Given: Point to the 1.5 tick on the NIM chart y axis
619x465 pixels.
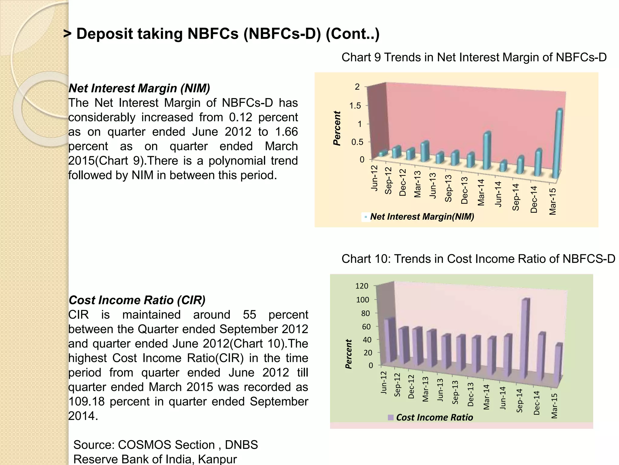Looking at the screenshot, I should pos(355,106).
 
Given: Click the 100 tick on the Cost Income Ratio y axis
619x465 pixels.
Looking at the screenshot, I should pos(363,300).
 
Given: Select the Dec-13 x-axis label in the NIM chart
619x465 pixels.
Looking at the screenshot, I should pos(465,190).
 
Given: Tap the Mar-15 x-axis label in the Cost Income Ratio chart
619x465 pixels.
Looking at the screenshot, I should pos(554,406).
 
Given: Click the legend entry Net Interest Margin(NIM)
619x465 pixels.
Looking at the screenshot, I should pos(422,216).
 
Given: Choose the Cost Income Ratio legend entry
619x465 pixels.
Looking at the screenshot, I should pos(434,417).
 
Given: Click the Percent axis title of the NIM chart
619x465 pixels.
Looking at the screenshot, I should pos(337,128).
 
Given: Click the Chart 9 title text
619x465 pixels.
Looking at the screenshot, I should pos(474,57).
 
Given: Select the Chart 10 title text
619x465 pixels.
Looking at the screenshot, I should pos(478,259).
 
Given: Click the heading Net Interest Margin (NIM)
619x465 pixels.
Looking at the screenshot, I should pos(139,88).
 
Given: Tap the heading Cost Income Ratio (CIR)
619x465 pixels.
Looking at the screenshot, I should pos(137,300).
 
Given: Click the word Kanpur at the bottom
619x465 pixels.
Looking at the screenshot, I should pos(217,459).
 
